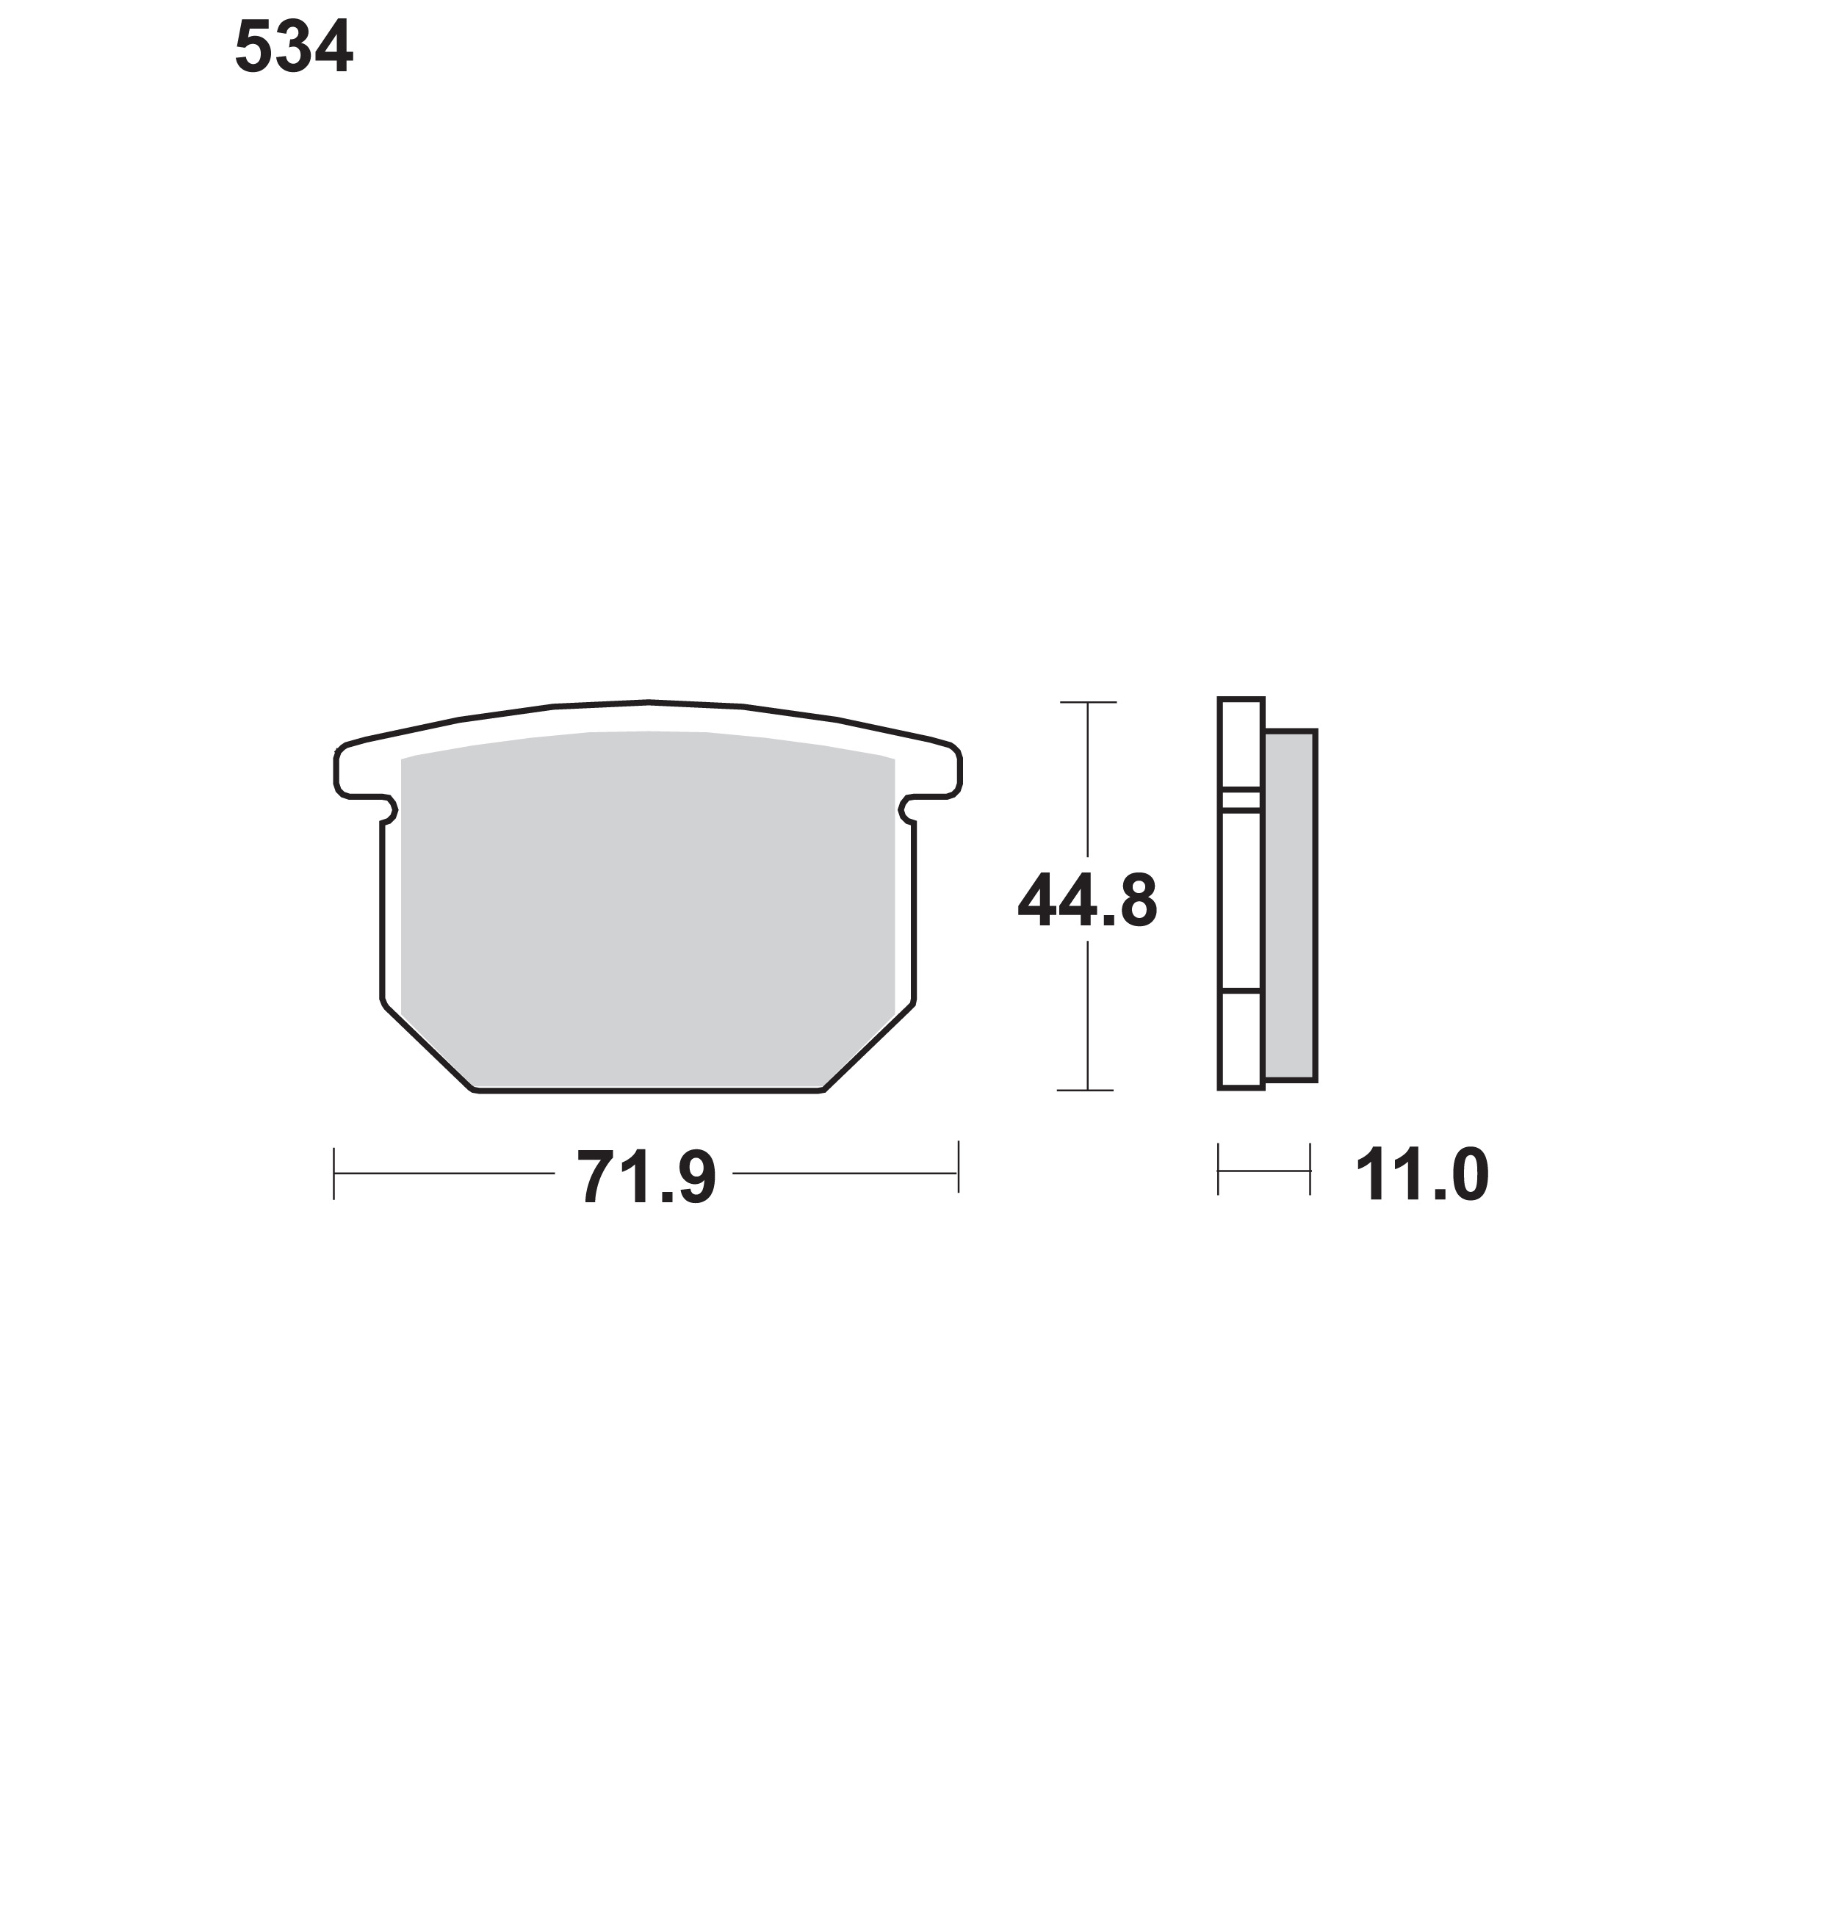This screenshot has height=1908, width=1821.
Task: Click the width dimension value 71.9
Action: pyautogui.click(x=646, y=1177)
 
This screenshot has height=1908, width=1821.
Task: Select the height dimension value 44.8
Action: pyautogui.click(x=1087, y=900)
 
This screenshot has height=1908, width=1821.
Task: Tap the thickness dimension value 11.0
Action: pyautogui.click(x=1421, y=1174)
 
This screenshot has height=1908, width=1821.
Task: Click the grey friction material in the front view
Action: pyautogui.click(x=647, y=908)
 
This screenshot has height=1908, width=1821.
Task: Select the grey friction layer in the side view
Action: pyautogui.click(x=1290, y=906)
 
